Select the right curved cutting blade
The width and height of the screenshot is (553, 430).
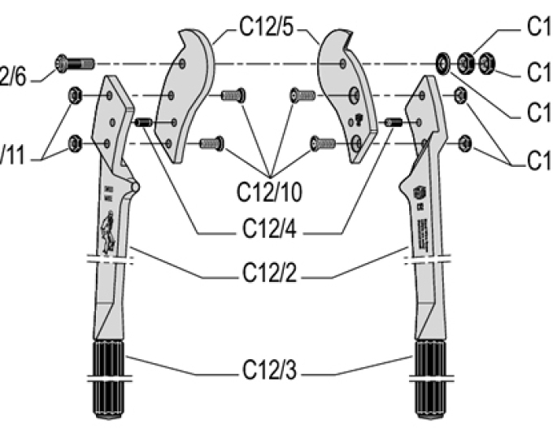[346, 90]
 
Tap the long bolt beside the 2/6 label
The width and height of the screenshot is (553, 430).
[74, 62]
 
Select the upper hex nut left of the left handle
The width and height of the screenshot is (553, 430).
[74, 95]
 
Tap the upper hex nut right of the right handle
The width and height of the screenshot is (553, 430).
[459, 95]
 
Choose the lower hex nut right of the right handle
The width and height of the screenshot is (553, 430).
[465, 143]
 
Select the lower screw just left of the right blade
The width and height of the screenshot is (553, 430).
[322, 144]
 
